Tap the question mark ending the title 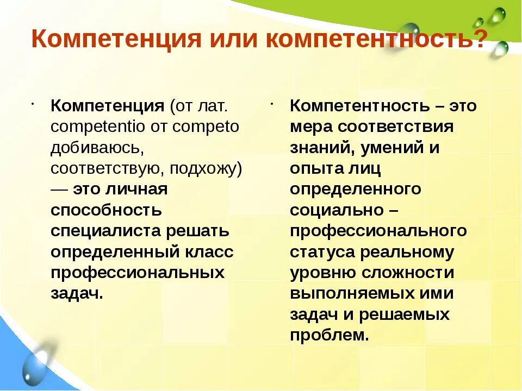478,40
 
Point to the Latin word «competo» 206,127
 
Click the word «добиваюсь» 97,148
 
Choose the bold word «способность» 106,210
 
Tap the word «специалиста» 103,231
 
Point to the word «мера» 310,127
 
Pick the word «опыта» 314,168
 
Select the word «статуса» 321,252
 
